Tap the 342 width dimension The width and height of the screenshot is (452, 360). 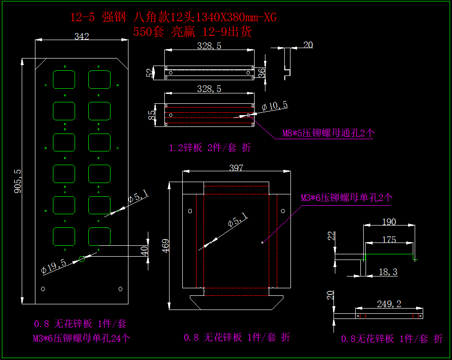(82, 36)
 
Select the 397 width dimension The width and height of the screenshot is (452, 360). (236, 168)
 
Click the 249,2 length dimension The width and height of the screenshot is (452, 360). (390, 304)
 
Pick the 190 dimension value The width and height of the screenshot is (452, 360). (388, 222)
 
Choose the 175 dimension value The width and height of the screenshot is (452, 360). (389, 240)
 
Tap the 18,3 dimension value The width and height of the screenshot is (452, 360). (388, 272)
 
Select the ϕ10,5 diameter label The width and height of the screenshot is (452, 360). (274, 106)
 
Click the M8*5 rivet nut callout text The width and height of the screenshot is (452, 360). (328, 133)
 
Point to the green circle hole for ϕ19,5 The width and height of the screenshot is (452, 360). (82, 259)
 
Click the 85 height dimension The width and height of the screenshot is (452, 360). (152, 115)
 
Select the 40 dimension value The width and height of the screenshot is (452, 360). (145, 251)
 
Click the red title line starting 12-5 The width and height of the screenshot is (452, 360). (173, 18)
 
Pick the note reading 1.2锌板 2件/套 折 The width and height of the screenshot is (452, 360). (210, 148)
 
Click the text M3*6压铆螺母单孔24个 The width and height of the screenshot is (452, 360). (81, 338)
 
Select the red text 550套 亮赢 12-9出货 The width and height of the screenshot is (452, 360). (192, 32)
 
